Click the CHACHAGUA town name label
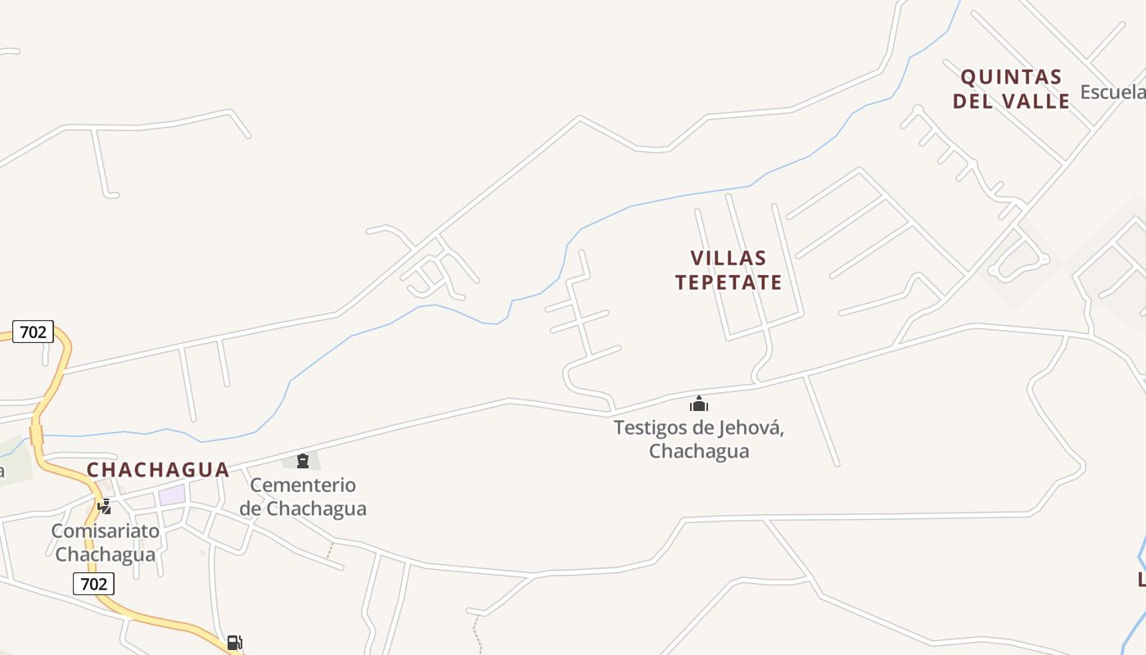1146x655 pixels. point(158,470)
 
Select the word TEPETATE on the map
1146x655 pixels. point(729,282)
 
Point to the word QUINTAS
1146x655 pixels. point(1012,78)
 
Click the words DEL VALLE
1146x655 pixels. point(1012,102)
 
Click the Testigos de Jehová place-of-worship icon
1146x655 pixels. point(699,404)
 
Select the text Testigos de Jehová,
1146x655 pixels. point(699,427)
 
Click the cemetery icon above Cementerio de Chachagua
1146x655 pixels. point(303,461)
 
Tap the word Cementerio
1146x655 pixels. point(303,485)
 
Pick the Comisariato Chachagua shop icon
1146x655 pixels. point(105,507)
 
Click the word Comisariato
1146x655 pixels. point(105,531)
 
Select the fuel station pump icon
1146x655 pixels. point(234,643)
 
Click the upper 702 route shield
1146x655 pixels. point(34,332)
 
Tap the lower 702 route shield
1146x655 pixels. point(93,584)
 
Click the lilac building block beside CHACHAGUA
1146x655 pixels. point(172,495)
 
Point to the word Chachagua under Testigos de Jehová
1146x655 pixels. point(699,451)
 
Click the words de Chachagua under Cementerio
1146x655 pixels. point(303,508)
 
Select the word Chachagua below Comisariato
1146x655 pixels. point(105,554)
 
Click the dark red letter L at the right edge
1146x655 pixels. point(1141,580)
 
